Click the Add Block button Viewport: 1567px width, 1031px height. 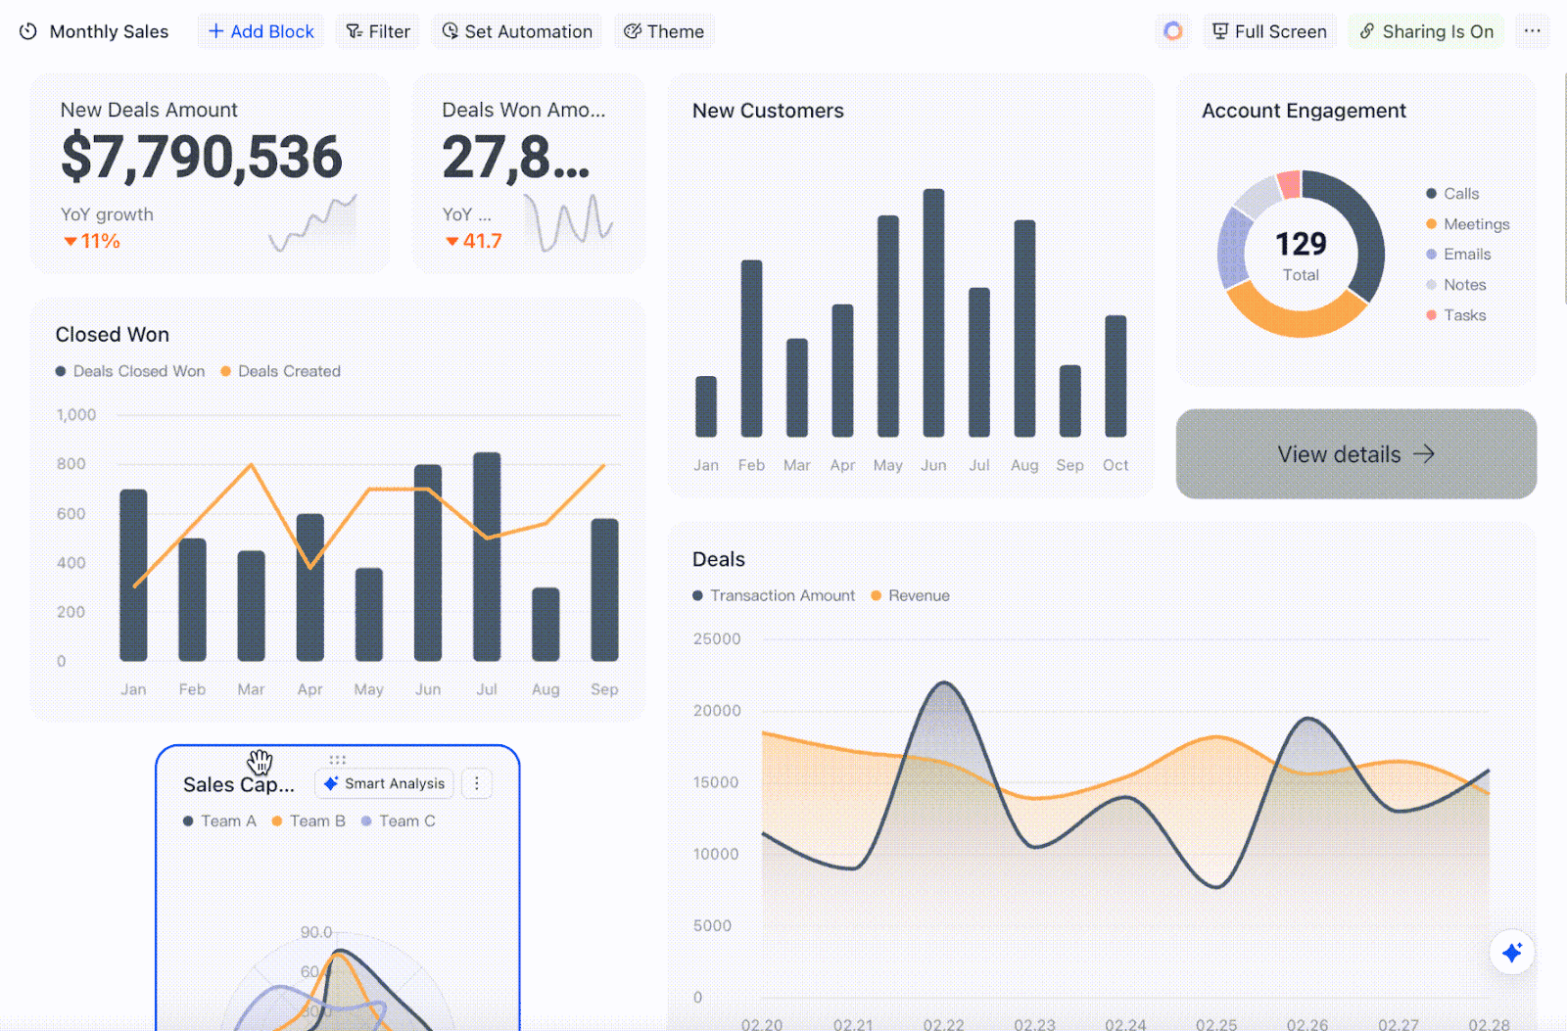tap(261, 31)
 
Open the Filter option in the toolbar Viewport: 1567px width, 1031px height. tap(378, 31)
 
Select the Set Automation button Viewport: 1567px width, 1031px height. tap(517, 31)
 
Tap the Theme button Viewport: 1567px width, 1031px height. tap(664, 31)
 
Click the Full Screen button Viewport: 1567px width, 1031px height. tap(1269, 31)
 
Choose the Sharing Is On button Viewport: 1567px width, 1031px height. tap(1426, 31)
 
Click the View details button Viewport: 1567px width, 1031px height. tap(1355, 454)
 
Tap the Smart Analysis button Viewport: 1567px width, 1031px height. tap(385, 783)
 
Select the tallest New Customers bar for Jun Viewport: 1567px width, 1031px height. tap(933, 313)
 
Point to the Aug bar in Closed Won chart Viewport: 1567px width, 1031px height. tap(546, 625)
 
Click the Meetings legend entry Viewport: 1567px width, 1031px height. tap(1476, 224)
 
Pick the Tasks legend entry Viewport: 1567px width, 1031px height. tap(1464, 315)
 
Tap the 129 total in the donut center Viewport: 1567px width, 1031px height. tap(1301, 244)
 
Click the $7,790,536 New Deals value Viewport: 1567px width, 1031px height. tap(202, 158)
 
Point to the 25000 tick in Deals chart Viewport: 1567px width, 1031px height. tap(717, 639)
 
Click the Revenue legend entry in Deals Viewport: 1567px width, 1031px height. tap(918, 595)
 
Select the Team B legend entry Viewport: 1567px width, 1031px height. tap(316, 821)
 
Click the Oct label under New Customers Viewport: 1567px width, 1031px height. tap(1116, 465)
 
